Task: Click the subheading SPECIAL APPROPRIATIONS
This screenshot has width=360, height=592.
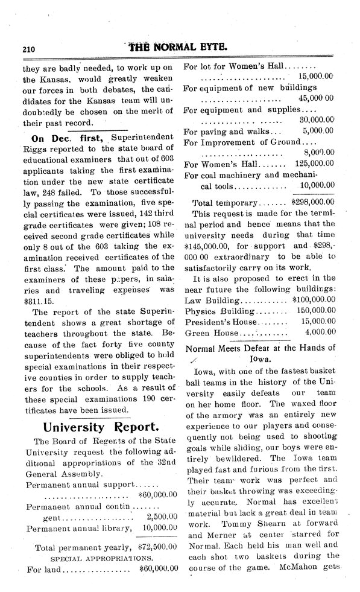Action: (x=100, y=558)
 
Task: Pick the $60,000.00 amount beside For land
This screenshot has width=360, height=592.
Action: (x=158, y=568)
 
